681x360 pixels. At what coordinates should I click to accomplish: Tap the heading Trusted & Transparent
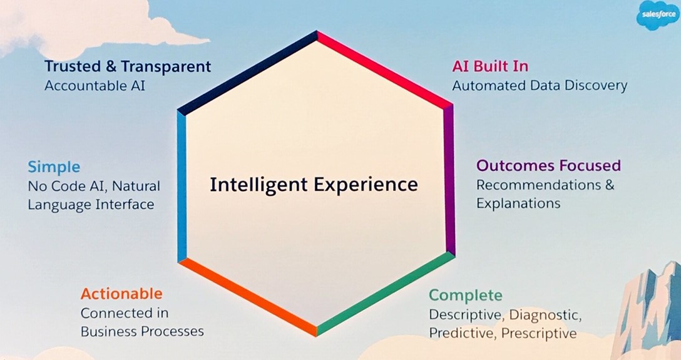(128, 66)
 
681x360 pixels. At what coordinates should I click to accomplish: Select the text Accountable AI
(95, 85)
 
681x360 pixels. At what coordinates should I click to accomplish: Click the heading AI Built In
(490, 66)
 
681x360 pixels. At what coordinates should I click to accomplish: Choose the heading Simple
(54, 167)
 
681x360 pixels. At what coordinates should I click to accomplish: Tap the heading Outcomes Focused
(548, 165)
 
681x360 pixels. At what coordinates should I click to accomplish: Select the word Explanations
(518, 203)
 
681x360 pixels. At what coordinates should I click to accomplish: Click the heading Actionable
(121, 294)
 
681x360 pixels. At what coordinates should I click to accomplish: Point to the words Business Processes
(142, 331)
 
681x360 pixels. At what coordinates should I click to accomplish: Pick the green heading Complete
(466, 296)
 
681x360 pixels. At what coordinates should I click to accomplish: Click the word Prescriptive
(539, 333)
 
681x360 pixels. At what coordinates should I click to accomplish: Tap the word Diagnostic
(545, 314)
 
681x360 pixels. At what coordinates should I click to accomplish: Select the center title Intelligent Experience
(314, 184)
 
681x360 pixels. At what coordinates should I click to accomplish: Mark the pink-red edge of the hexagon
(385, 69)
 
